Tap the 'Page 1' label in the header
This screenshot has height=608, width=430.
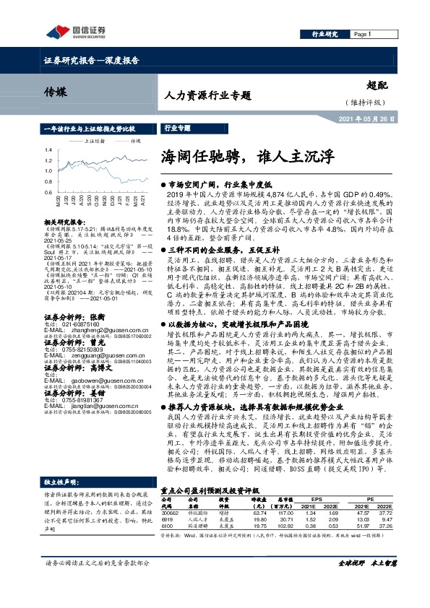coord(361,34)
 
